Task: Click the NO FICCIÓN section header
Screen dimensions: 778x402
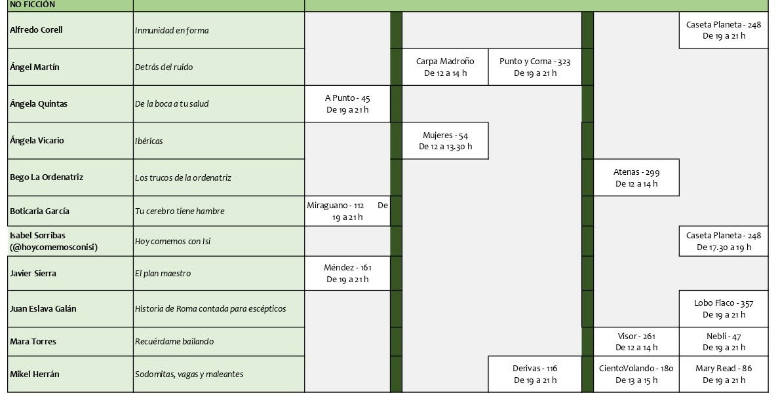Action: [33, 5]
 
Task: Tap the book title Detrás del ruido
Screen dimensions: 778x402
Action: [164, 67]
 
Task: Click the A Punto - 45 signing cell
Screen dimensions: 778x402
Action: [347, 103]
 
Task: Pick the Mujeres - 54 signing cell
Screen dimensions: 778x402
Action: [445, 141]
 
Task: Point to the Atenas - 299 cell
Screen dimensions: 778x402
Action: [636, 177]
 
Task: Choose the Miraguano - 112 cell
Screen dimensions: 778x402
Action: [347, 211]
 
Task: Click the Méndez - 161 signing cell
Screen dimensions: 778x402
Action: [347, 273]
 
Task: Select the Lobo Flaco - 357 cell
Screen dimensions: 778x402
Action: [724, 309]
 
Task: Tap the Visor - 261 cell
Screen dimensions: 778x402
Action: [636, 342]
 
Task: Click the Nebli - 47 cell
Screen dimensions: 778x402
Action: [724, 342]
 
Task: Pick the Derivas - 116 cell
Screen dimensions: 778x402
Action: [535, 375]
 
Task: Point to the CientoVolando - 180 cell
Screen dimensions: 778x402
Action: [636, 375]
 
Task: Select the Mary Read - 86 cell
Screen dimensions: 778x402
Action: [724, 375]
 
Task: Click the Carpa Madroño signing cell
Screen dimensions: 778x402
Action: [445, 67]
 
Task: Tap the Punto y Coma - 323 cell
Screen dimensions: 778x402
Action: [535, 67]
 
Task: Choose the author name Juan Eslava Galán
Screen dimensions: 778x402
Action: [43, 309]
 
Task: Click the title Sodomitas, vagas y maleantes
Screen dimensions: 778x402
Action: [189, 375]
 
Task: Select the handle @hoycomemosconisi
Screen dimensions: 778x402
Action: [54, 247]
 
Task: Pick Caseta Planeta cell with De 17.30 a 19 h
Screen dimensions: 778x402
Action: [724, 242]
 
